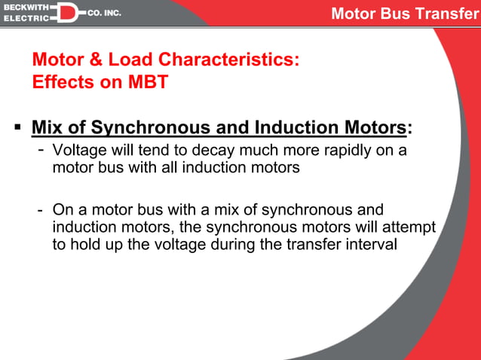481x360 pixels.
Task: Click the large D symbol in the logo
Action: point(67,12)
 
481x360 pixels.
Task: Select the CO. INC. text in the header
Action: point(105,13)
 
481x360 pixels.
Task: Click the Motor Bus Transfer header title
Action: point(404,14)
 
